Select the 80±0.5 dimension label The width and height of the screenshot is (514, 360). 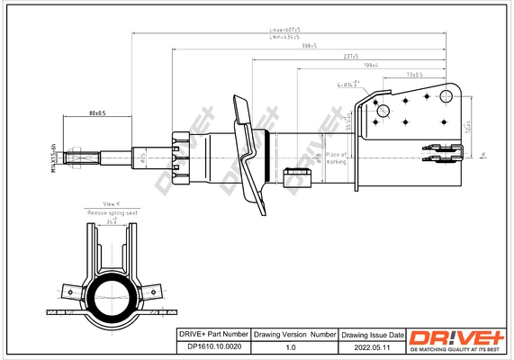tap(97, 113)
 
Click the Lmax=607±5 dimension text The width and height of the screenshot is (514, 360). tap(286, 31)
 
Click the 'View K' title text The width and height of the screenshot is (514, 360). tap(112, 204)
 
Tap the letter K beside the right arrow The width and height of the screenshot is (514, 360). tap(482, 156)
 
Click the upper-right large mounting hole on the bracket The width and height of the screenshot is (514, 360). tap(446, 95)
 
